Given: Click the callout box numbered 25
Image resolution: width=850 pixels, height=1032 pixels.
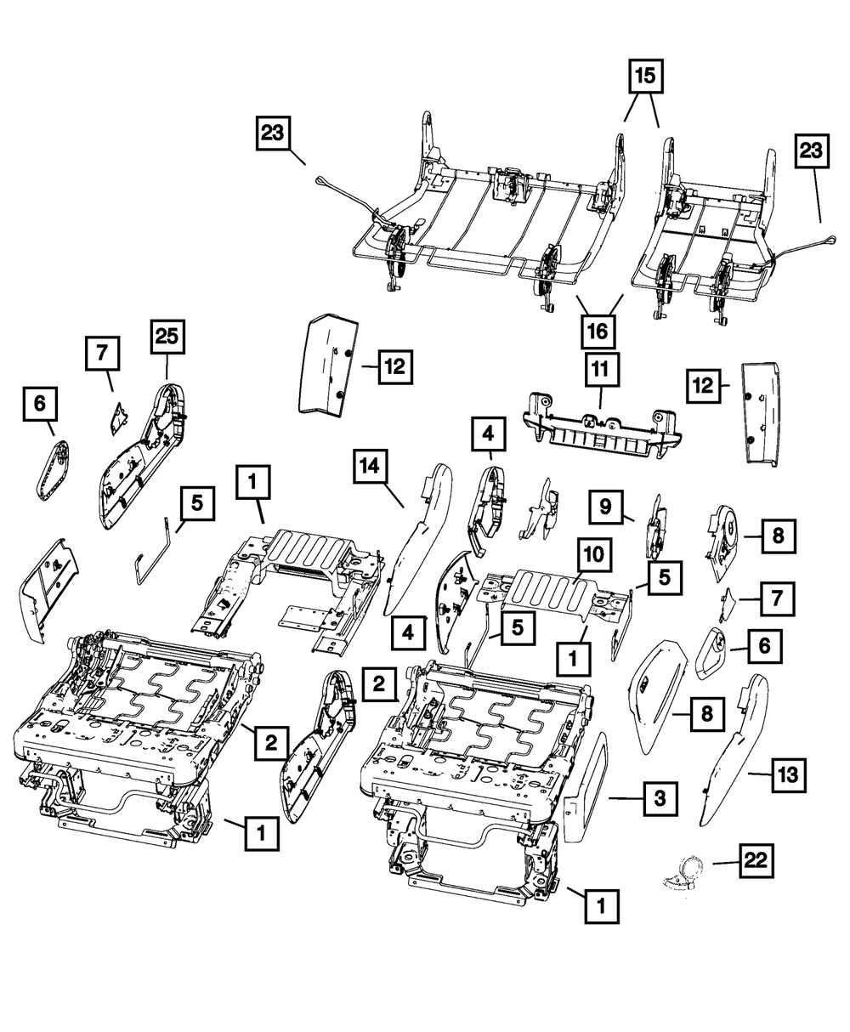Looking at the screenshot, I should coord(167,342).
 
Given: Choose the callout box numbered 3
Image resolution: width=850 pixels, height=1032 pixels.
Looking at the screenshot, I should coord(659,798).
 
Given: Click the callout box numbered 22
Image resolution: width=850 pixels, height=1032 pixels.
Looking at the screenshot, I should coord(756,862).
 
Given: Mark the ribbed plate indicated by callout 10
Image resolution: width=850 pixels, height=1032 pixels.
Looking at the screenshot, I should coord(552,592).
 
